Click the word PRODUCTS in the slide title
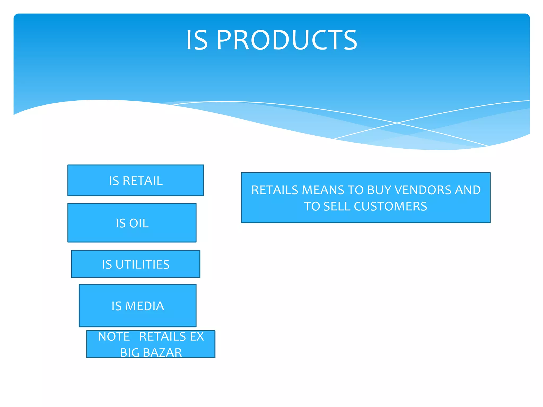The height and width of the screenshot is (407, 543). tap(287, 40)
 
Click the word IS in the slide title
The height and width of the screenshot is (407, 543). tap(197, 40)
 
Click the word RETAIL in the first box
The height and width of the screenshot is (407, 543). tap(143, 181)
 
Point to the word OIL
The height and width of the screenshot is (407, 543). tap(139, 223)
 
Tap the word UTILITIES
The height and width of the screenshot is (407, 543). tap(142, 264)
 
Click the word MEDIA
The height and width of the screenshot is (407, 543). tap(144, 306)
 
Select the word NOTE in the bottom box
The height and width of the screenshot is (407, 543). tap(114, 337)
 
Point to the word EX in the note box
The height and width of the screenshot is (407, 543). tap(197, 337)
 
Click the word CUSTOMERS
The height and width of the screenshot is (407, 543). tap(390, 206)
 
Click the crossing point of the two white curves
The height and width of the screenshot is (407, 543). tap(397, 123)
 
